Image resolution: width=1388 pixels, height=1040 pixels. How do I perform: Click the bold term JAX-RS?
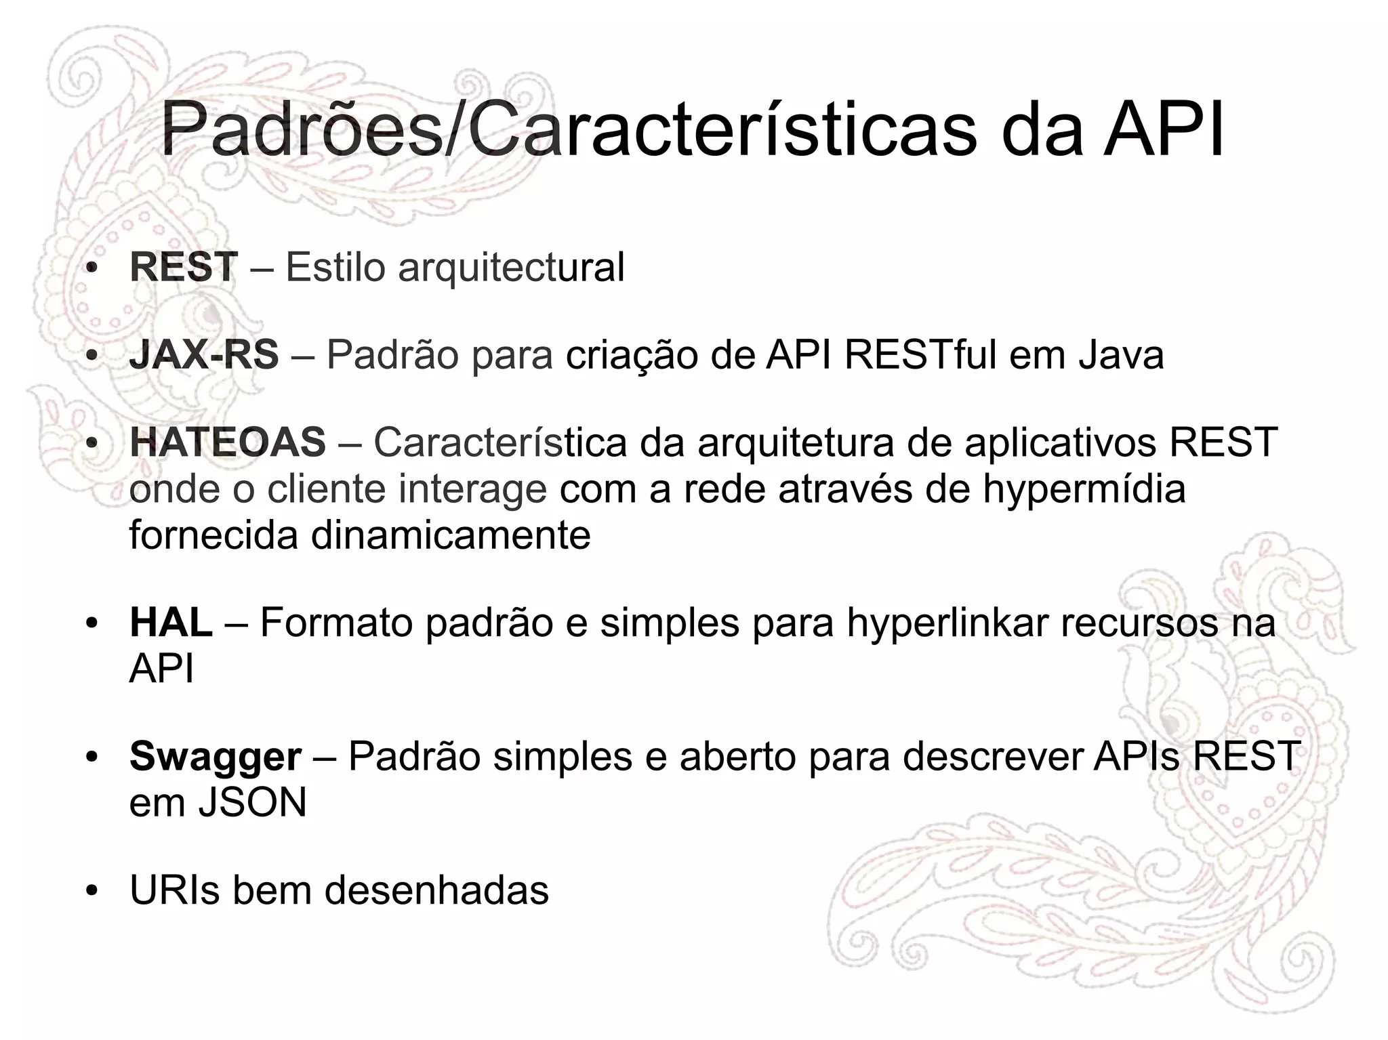pyautogui.click(x=204, y=355)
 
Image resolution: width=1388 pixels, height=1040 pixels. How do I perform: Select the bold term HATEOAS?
pyautogui.click(x=228, y=442)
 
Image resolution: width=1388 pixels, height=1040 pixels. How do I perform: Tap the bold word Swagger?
pyautogui.click(x=216, y=757)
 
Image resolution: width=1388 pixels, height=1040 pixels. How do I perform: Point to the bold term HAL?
pyautogui.click(x=171, y=623)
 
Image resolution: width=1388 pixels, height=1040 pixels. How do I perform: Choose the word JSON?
pyautogui.click(x=252, y=803)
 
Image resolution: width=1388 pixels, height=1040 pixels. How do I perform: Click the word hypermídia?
pyautogui.click(x=1084, y=490)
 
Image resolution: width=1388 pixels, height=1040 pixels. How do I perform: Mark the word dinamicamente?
pyautogui.click(x=451, y=535)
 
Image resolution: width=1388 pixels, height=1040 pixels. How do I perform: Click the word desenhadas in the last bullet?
pyautogui.click(x=436, y=890)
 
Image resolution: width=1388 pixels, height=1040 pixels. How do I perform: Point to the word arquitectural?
pyautogui.click(x=511, y=268)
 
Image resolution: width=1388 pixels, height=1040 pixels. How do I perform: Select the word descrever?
pyautogui.click(x=992, y=757)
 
